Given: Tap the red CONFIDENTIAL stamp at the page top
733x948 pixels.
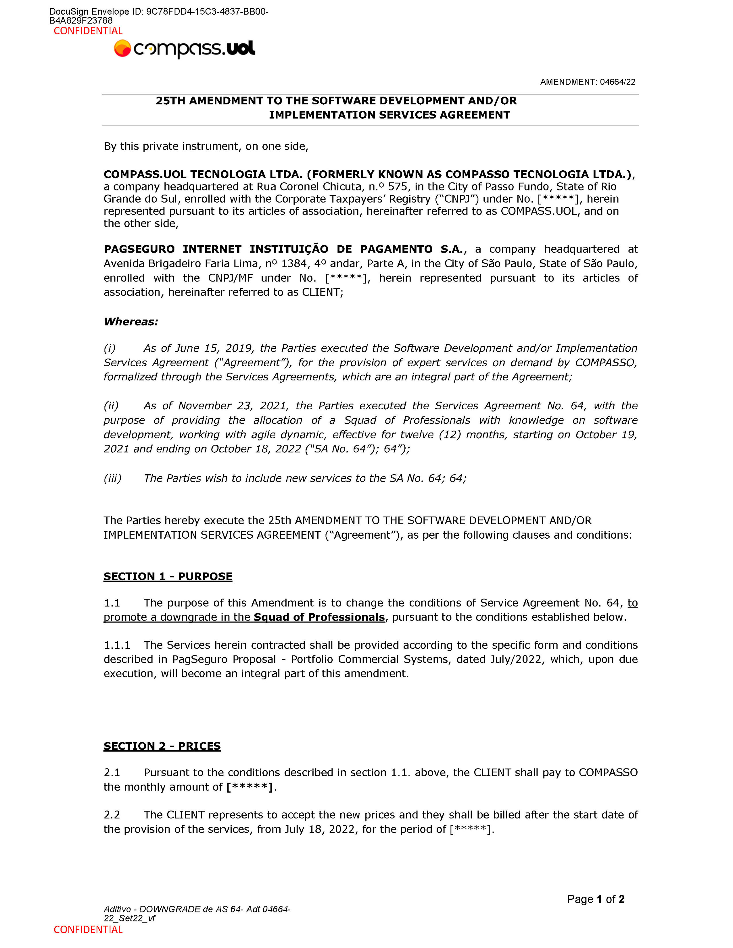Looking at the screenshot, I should point(88,31).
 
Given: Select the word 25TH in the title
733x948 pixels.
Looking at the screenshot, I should point(171,101).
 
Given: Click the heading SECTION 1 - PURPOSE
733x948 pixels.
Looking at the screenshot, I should point(168,577).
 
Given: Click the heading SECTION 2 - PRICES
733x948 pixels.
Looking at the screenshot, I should point(162,746).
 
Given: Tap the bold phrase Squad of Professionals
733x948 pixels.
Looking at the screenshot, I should point(319,617).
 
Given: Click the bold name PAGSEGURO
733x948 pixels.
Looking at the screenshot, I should point(139,249).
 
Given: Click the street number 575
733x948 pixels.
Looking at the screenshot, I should point(397,187).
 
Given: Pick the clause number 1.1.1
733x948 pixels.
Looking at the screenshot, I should point(117,645).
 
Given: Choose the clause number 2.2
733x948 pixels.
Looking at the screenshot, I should point(112,815).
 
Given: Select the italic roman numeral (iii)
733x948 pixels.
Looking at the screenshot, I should point(112,478).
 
